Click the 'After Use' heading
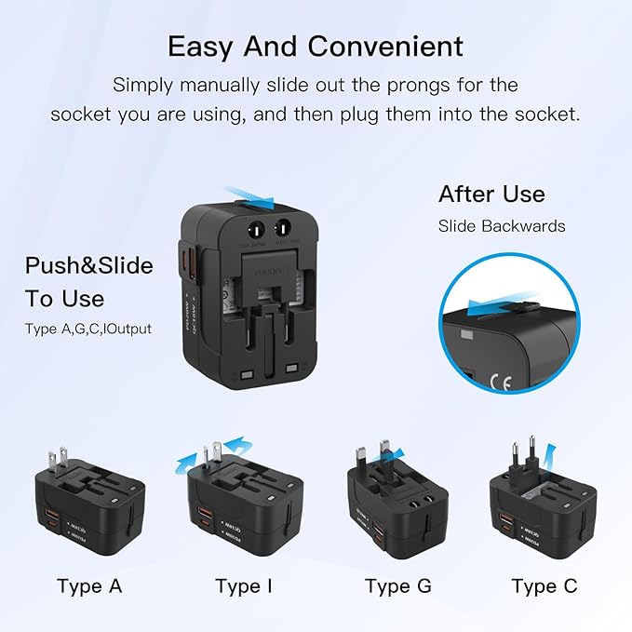[491, 195]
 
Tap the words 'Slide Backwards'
[502, 226]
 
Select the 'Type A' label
[89, 586]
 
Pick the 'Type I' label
[245, 586]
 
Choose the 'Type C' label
[545, 586]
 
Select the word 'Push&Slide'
[88, 266]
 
